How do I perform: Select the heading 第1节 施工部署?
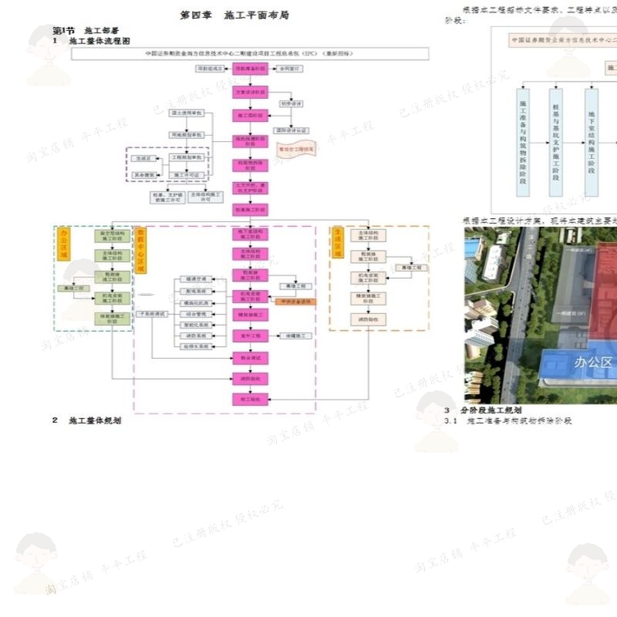coord(86,30)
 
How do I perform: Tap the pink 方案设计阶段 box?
coord(250,92)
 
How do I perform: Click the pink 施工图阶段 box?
coord(250,115)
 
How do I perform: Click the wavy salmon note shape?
coord(295,150)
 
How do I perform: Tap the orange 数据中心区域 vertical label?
coord(140,251)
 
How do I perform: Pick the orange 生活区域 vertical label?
coord(338,243)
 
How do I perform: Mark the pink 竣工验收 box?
coord(250,399)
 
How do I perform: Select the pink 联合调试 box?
coord(250,357)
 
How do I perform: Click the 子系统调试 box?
coord(152,314)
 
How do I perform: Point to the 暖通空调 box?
coord(194,279)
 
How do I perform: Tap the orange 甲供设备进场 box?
coord(295,302)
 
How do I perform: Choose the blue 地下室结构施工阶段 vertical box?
coord(591,142)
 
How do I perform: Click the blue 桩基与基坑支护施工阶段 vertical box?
coord(556,142)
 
